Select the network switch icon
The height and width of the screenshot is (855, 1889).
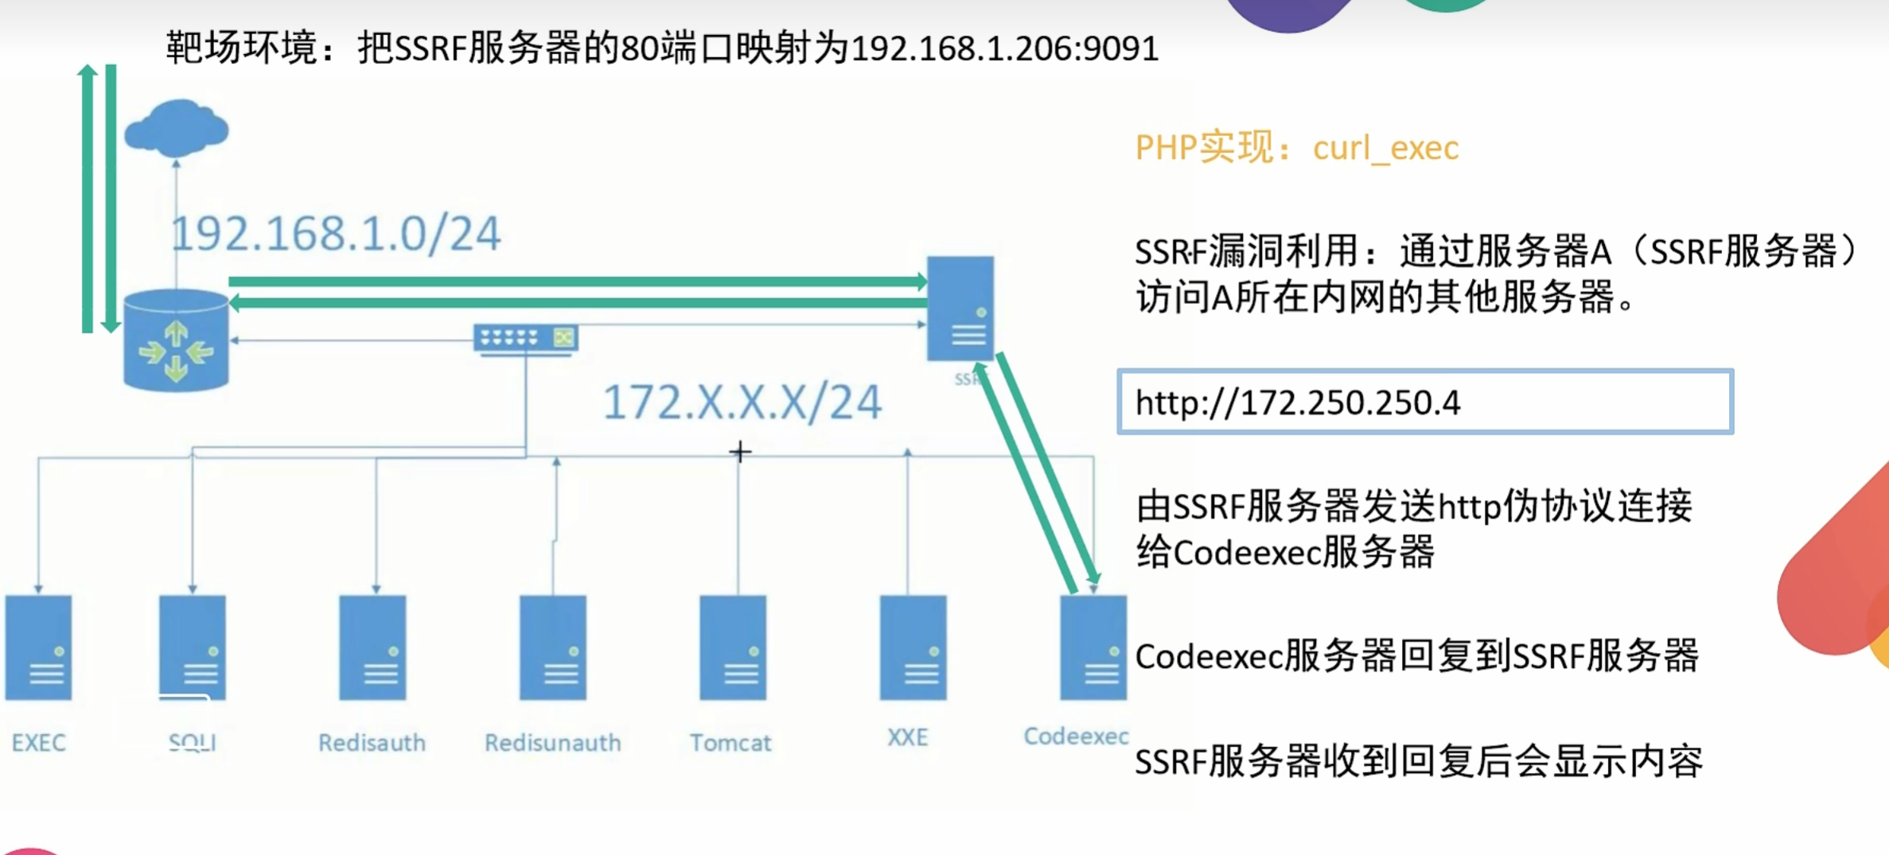coord(525,338)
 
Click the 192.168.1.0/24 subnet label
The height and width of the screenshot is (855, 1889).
coord(336,234)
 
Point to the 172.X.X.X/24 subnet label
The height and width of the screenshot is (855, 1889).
coord(742,402)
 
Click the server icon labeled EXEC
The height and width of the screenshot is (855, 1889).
coord(38,647)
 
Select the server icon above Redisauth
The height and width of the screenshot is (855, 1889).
coord(372,647)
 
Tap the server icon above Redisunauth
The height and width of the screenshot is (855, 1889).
coord(553,647)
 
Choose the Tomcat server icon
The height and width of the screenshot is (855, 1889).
coord(733,647)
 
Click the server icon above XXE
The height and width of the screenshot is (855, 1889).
coord(913,647)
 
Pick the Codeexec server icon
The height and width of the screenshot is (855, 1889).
coord(1093,647)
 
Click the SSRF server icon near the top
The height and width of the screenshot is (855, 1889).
coord(960,308)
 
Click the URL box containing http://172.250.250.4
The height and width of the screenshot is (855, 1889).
coord(1424,402)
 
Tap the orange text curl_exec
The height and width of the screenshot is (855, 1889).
coord(1385,148)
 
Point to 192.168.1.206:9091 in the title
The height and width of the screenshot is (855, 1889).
coord(1004,49)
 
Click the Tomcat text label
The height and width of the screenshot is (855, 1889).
coord(730,742)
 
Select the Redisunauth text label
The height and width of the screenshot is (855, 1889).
coord(553,742)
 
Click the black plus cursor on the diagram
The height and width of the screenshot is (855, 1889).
coord(740,452)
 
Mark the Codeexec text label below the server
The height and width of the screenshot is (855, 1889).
coord(1076,736)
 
